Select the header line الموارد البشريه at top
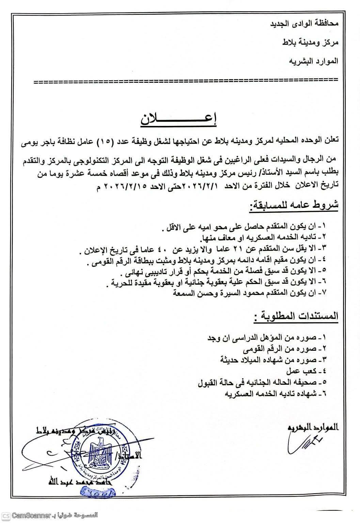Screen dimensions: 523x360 (313, 61)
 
